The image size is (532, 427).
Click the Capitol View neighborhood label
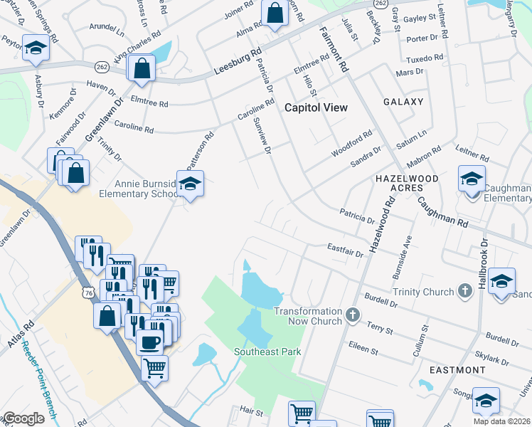(316, 107)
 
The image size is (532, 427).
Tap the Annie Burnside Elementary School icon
(190, 184)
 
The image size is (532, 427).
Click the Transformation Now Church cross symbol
(352, 314)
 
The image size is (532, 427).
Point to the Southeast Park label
(268, 352)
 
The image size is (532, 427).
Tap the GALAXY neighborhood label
(403, 102)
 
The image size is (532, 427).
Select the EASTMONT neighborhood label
(458, 370)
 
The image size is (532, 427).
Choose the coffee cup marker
(149, 341)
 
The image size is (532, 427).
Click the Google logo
(23, 418)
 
